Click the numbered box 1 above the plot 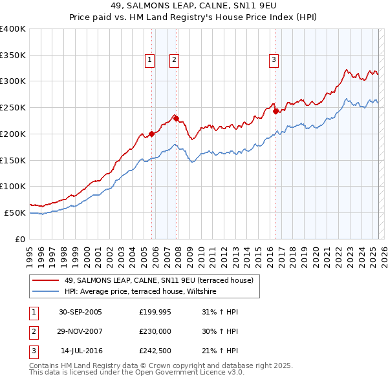(149, 60)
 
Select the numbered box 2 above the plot (175, 60)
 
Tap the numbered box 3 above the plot (274, 60)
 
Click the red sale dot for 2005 (152, 134)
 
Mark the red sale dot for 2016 (275, 111)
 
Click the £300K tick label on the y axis (13, 81)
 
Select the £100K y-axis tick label (13, 186)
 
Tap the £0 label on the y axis (20, 239)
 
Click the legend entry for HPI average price (140, 292)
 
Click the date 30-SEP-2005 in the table (80, 312)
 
